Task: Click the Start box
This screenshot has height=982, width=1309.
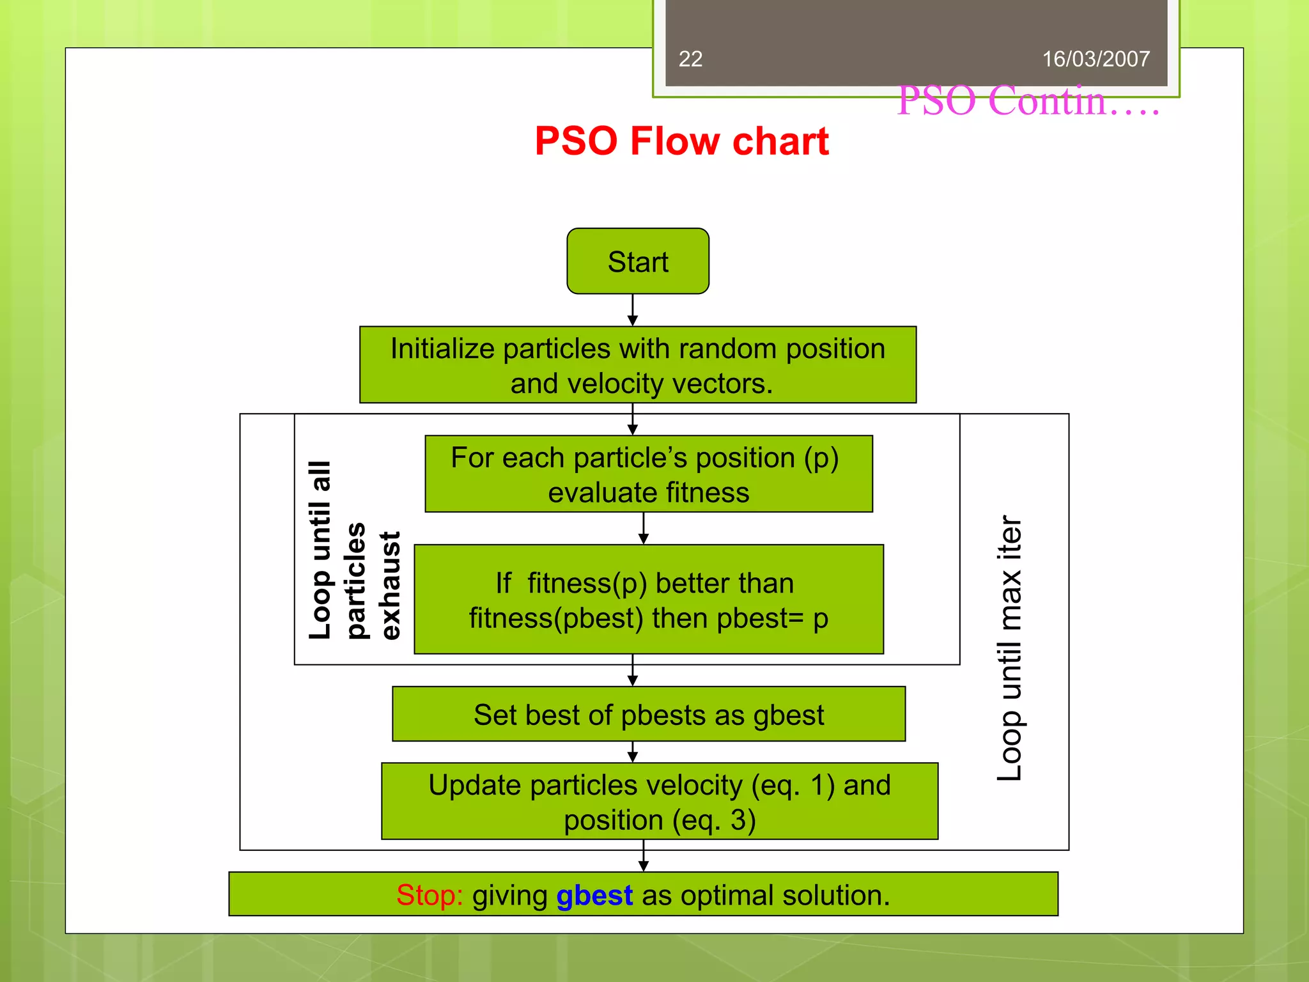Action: pos(638,261)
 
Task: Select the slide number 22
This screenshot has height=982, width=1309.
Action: pos(690,59)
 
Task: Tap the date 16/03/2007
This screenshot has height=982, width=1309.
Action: pos(1096,59)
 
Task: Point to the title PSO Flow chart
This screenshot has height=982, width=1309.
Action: pos(681,141)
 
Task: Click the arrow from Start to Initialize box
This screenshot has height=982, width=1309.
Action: pos(633,310)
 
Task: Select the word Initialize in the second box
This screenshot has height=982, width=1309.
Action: pos(442,349)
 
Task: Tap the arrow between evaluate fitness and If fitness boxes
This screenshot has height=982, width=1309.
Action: pos(644,528)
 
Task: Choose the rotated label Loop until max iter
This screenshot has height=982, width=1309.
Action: pos(1011,647)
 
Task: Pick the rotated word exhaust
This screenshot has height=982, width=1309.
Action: pos(390,585)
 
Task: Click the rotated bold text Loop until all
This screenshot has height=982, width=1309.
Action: pos(320,550)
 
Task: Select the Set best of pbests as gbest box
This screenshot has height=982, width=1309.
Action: pos(649,714)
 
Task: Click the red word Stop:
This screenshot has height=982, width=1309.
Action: pos(430,895)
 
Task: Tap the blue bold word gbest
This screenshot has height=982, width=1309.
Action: pos(594,895)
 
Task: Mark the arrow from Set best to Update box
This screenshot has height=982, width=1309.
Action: pos(633,752)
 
